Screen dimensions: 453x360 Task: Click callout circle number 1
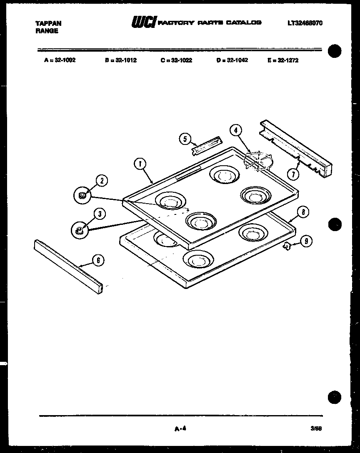pos(140,164)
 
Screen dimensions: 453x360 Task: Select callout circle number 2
pos(102,180)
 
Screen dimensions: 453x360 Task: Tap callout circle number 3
pos(99,214)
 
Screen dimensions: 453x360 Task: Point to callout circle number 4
pos(236,130)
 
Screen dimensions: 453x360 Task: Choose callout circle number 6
pos(97,261)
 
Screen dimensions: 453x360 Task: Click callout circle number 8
pos(303,212)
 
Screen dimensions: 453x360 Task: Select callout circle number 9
pos(306,240)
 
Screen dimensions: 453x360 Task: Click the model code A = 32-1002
pos(60,60)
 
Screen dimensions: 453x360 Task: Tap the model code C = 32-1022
pos(176,60)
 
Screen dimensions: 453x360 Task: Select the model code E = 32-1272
pos(283,60)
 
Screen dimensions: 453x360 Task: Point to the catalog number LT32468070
pos(305,23)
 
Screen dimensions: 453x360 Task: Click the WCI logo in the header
pos(143,22)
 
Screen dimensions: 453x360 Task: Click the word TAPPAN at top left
pos(49,24)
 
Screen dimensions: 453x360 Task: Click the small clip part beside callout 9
pos(287,246)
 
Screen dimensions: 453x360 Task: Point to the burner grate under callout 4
pos(257,161)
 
